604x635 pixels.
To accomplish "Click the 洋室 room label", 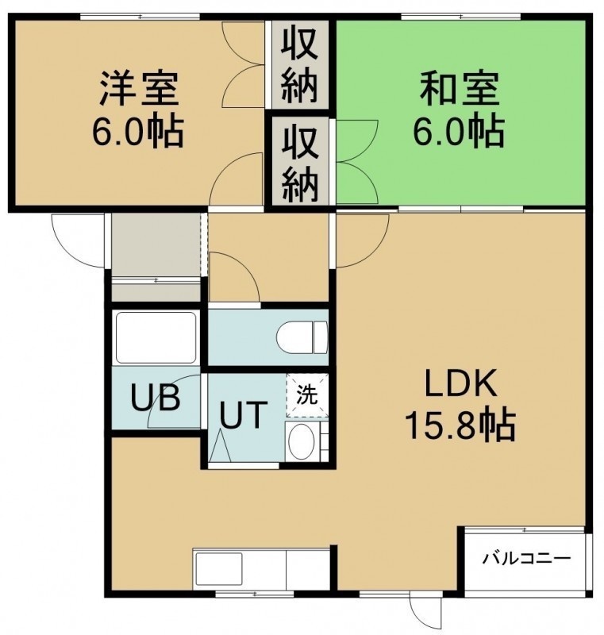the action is coord(138,88).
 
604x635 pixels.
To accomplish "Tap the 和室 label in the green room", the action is coord(459,88).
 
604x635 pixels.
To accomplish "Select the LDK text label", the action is coord(460,383).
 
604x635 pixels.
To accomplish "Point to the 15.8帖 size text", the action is coord(460,425).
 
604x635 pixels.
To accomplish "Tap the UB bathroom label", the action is coord(156,398).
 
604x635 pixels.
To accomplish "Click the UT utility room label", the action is coord(244,414).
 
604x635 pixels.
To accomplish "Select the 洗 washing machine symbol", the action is coord(307,395).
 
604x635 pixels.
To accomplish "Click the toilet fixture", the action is coord(302,337).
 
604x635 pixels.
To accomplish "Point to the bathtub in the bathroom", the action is coord(156,338).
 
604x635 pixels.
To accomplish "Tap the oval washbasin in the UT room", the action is coord(302,441).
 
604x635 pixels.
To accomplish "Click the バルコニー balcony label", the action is coord(526,560).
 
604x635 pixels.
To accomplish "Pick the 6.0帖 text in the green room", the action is coord(459,131).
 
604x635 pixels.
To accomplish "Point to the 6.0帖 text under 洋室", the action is coord(138,131).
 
